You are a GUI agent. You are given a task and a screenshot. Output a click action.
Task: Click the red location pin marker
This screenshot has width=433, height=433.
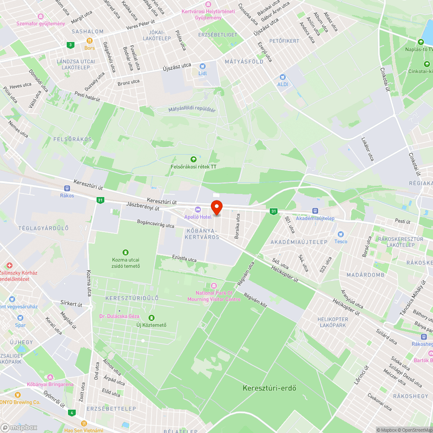coord(216,207)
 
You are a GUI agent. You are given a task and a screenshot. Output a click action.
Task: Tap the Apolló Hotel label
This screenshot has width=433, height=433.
coord(198,216)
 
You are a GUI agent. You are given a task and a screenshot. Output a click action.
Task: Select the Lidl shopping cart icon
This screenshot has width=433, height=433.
coord(202,66)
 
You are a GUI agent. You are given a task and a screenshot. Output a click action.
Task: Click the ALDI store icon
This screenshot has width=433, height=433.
coord(282,77)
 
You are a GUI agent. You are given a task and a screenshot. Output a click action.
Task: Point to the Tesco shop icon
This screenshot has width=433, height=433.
coord(340,234)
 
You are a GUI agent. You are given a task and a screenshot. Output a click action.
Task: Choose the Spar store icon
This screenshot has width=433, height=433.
coord(20,318)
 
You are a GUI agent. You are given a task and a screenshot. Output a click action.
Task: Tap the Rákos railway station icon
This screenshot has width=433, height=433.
coord(67,188)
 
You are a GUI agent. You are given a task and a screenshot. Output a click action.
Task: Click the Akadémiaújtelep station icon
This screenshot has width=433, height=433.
coord(315,211)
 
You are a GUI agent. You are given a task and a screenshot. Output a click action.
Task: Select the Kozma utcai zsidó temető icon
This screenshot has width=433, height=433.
coord(126,252)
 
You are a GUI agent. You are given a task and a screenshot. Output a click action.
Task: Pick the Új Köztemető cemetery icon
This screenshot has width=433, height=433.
coord(151,317)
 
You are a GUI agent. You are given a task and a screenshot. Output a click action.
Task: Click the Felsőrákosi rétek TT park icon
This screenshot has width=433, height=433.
coord(194,159)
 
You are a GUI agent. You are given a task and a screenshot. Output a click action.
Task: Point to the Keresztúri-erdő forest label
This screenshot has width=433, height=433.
coord(269,388)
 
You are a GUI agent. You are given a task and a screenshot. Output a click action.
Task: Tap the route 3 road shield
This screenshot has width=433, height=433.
coord(70,45)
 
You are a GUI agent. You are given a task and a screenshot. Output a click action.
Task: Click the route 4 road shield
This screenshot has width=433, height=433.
coord(71,413)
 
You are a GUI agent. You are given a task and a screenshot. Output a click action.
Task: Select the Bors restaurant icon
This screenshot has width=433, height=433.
coord(90,40)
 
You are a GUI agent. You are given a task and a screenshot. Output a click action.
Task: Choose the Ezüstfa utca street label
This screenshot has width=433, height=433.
coord(184,259)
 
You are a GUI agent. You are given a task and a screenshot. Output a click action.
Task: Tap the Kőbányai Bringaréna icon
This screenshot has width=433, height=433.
coord(51,377)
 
